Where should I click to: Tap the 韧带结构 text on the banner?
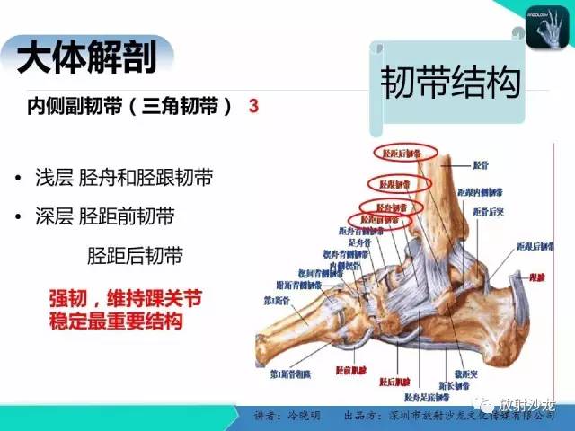(449, 85)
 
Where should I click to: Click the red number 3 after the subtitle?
(254, 106)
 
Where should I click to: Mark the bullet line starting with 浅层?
(126, 178)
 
